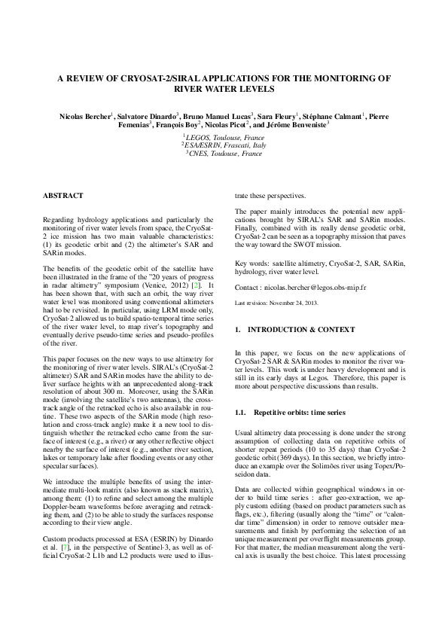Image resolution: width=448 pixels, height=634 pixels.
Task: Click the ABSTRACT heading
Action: (x=62, y=195)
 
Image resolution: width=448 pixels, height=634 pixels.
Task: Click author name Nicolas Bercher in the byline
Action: (x=86, y=117)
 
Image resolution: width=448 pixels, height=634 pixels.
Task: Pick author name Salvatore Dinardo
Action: (x=148, y=117)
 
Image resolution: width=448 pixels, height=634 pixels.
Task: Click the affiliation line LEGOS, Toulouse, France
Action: (x=224, y=139)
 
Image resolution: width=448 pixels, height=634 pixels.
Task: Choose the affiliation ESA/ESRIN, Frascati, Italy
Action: (x=224, y=145)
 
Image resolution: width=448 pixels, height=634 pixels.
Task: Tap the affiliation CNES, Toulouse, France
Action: (x=224, y=153)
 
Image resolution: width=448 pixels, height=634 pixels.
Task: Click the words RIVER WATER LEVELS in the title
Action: (x=224, y=88)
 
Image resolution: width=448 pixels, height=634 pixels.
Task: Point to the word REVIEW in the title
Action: (x=95, y=78)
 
